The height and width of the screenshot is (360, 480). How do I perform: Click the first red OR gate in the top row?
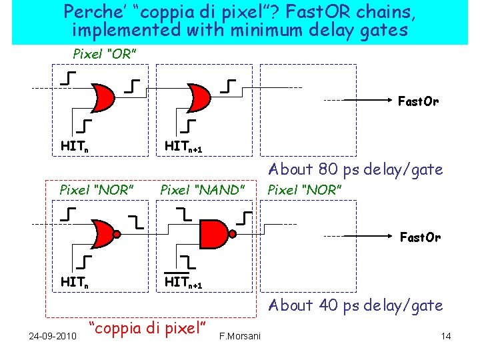[100, 97]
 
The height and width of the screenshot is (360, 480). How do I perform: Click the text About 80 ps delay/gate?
[355, 170]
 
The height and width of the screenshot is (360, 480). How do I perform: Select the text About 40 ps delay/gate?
[355, 305]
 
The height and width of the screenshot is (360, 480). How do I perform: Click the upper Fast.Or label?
[418, 102]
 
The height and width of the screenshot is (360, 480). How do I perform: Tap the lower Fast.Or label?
[419, 237]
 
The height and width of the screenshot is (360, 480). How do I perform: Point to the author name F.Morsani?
[239, 335]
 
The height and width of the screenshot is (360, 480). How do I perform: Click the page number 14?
[446, 335]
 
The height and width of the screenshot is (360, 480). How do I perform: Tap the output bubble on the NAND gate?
[232, 234]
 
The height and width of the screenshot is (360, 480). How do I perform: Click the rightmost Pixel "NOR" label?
[305, 190]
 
